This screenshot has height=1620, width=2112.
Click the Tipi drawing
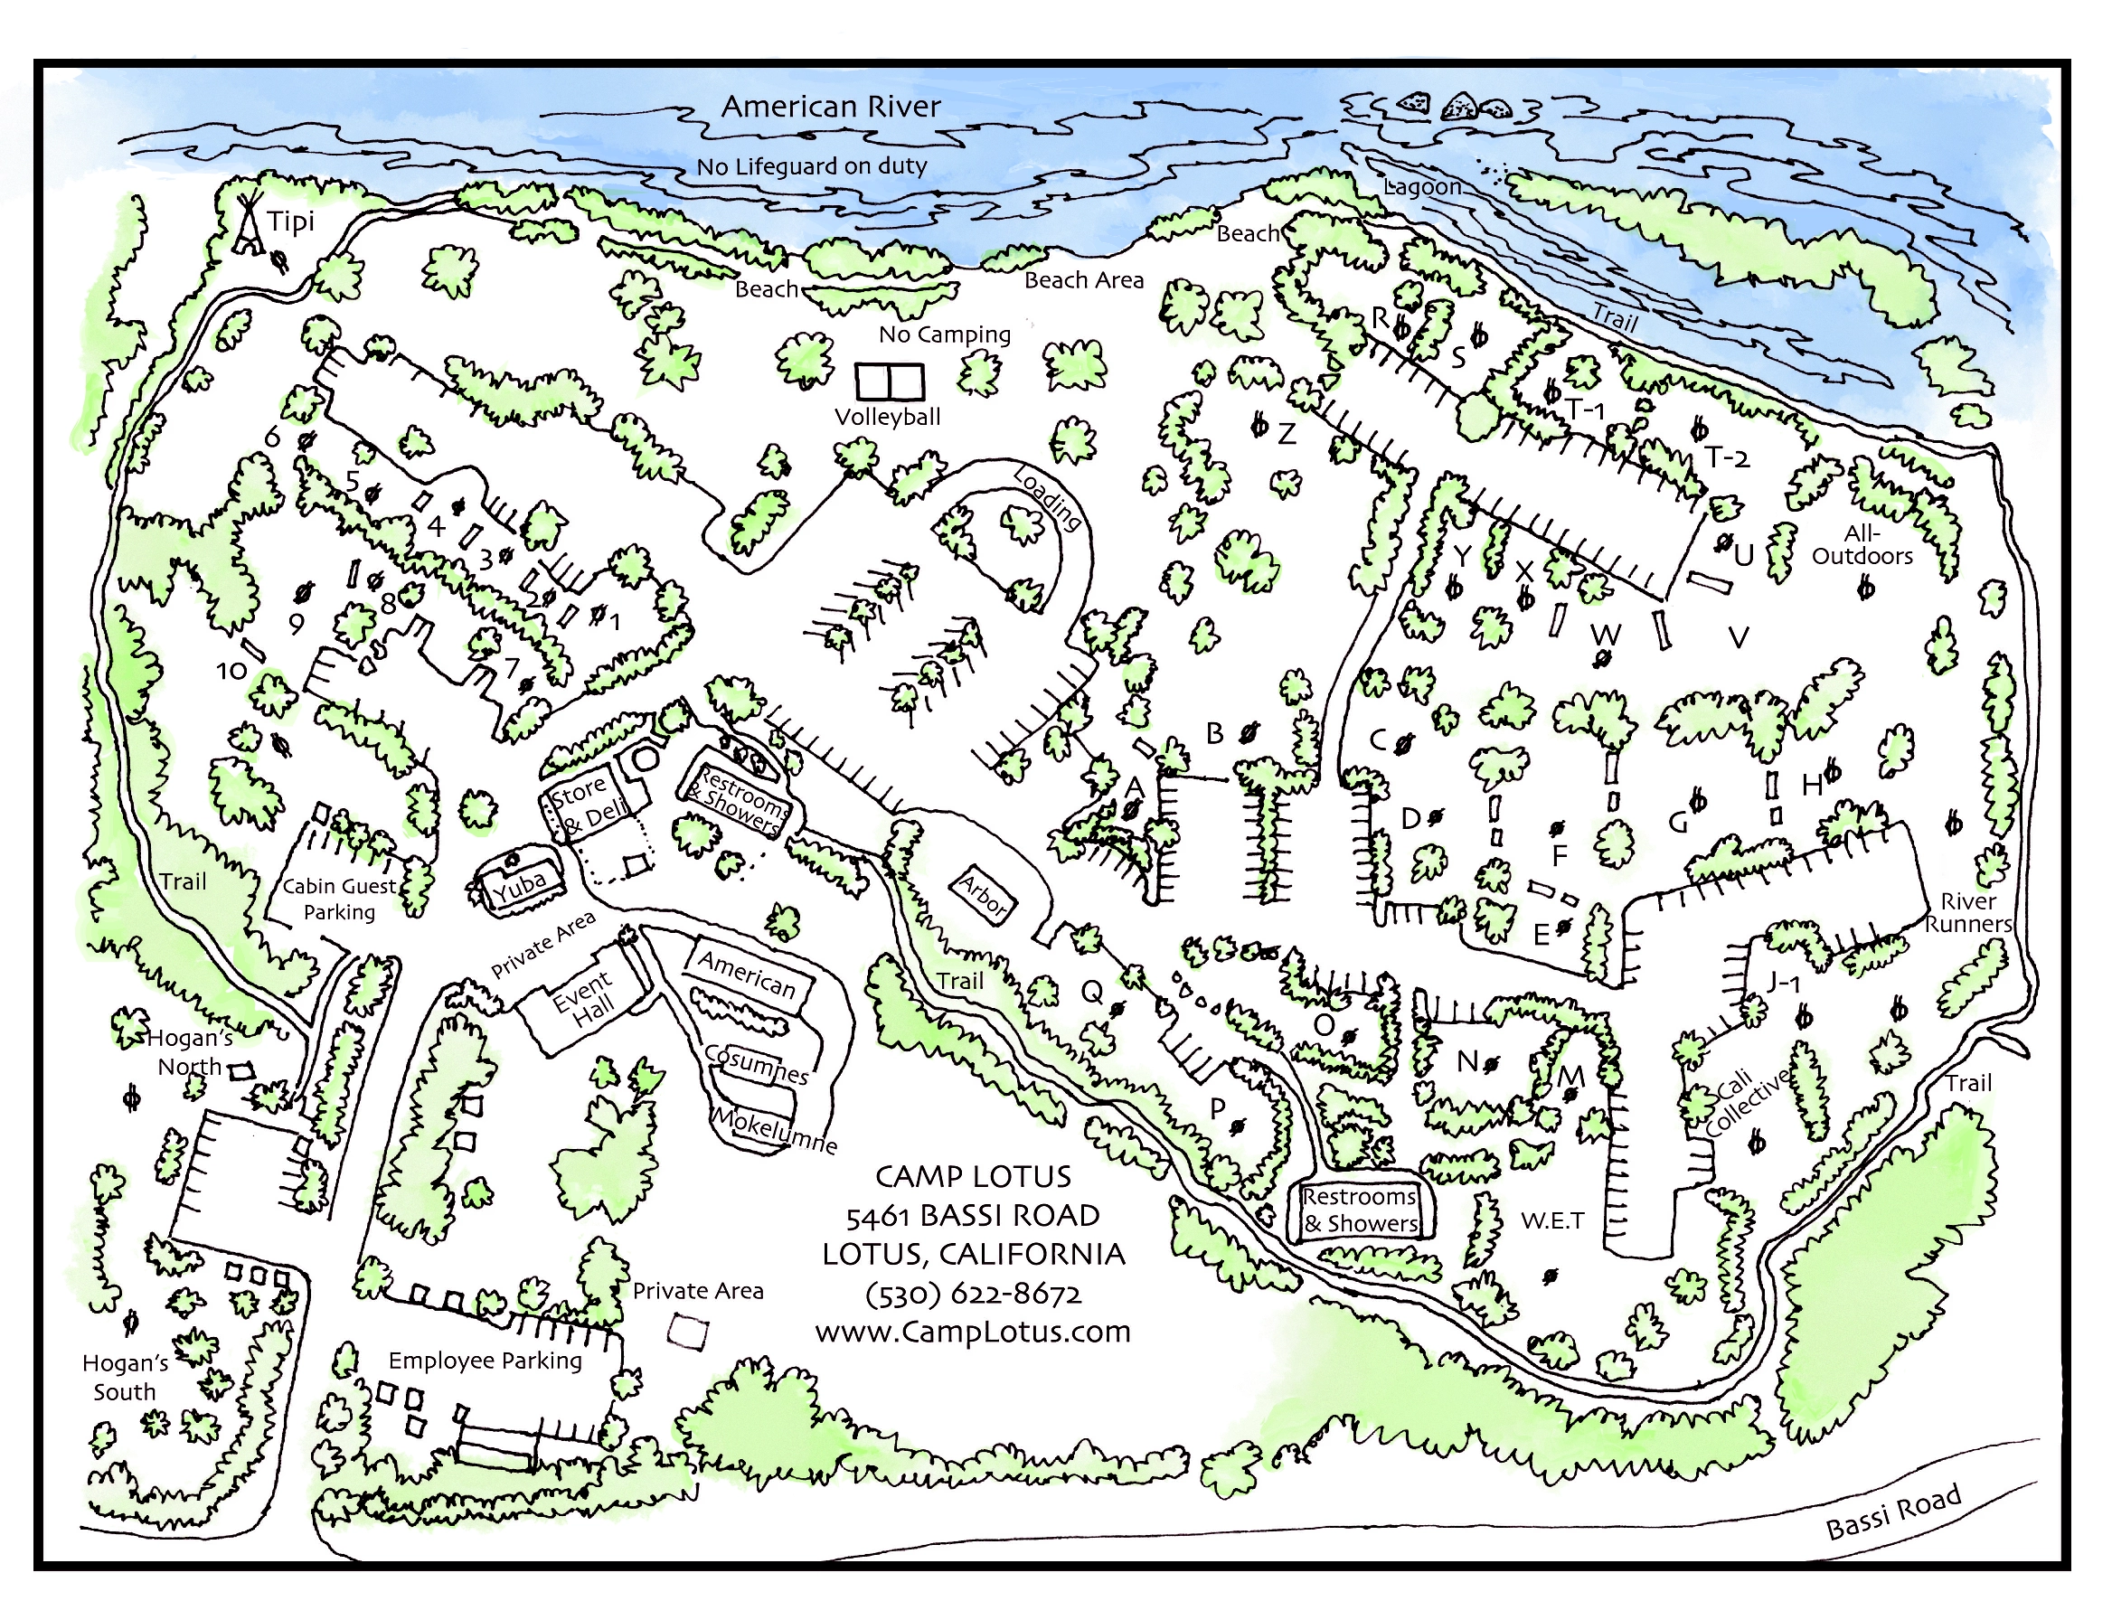(x=250, y=226)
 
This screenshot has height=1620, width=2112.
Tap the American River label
(x=830, y=106)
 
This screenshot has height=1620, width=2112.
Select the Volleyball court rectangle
(x=888, y=381)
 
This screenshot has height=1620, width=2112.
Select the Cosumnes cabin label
(x=756, y=1064)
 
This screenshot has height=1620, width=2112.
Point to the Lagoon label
(x=1422, y=186)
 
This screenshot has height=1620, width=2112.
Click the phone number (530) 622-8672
(x=973, y=1294)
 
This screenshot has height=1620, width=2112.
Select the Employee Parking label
(x=486, y=1361)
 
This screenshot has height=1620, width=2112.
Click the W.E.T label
(x=1551, y=1220)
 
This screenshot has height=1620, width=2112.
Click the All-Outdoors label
(x=1862, y=545)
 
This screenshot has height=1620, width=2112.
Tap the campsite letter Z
(x=1287, y=435)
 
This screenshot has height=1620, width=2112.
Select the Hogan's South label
(x=125, y=1377)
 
